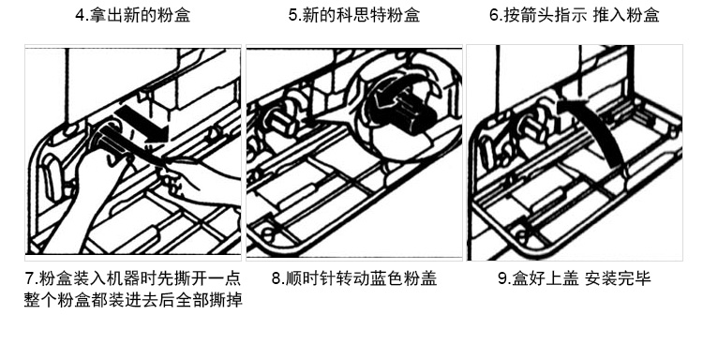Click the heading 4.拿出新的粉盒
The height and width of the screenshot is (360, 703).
tap(133, 15)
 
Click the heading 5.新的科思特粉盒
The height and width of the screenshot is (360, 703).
tap(354, 15)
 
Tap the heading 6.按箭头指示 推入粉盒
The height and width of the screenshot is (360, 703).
tap(575, 15)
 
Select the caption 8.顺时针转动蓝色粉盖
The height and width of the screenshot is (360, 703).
tap(354, 278)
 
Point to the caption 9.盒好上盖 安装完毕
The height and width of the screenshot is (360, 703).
tap(575, 278)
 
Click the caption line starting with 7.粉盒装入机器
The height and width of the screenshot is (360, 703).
tap(133, 278)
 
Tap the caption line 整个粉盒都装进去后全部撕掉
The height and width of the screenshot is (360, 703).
tap(133, 300)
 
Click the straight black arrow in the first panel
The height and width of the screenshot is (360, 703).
tap(142, 124)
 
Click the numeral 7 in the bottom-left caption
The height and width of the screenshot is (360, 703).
tap(29, 278)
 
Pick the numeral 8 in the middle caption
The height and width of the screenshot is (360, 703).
tap(277, 278)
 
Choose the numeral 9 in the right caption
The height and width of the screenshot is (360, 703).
tap(502, 278)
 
